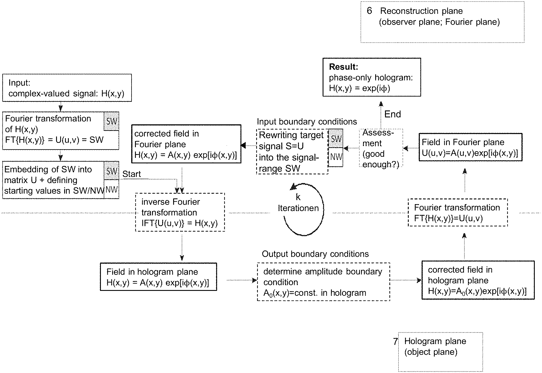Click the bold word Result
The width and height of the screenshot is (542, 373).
click(x=343, y=67)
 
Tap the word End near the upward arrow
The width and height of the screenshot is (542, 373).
click(x=393, y=114)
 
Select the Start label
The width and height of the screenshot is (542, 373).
click(x=132, y=174)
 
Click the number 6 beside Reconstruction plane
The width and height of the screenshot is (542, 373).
click(x=369, y=11)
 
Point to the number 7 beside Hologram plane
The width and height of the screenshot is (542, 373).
click(x=395, y=341)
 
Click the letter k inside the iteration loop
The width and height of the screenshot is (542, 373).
click(x=298, y=197)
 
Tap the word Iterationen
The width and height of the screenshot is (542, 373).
click(x=298, y=208)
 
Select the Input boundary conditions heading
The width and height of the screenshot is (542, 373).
click(x=307, y=122)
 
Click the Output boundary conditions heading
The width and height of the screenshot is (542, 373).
click(x=315, y=254)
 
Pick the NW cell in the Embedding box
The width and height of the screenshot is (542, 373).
click(x=111, y=189)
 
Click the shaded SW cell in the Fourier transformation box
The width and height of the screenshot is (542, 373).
click(x=111, y=121)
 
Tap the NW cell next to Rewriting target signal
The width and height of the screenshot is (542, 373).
click(x=336, y=157)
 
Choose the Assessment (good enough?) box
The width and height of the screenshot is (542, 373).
click(x=381, y=148)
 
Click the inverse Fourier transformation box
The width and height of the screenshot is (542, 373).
click(x=180, y=212)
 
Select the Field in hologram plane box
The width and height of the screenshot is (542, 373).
click(x=158, y=277)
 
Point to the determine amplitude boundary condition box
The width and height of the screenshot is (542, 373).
click(x=323, y=282)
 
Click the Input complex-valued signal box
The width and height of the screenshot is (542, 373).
click(x=67, y=88)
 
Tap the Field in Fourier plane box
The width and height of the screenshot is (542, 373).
click(x=471, y=147)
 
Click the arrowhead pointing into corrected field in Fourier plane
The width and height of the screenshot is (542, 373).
click(x=243, y=145)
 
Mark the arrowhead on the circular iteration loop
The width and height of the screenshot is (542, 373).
click(x=293, y=186)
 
